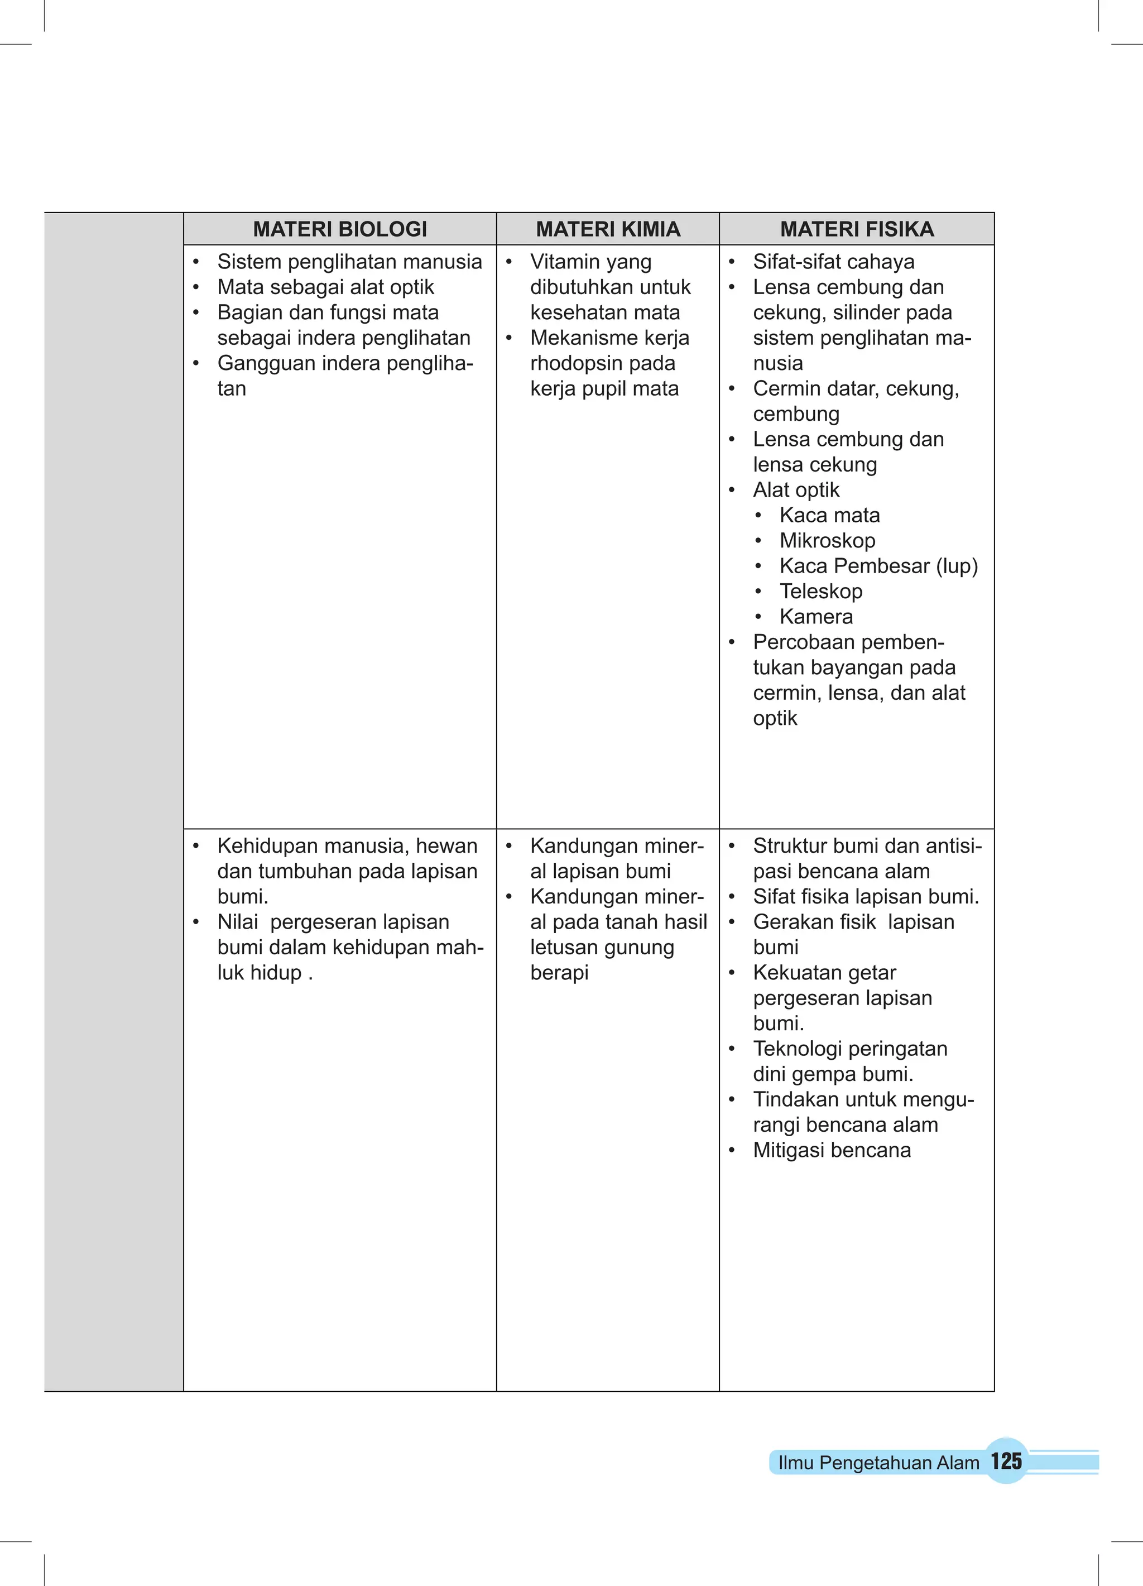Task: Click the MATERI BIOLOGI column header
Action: click(340, 229)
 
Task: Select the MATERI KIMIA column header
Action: click(608, 229)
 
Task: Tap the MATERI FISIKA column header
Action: click(857, 229)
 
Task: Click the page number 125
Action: click(1006, 1461)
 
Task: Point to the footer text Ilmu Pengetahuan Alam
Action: click(878, 1462)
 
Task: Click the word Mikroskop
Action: click(828, 541)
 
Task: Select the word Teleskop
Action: click(821, 591)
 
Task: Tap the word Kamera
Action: click(817, 616)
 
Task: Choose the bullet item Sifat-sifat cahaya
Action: click(834, 262)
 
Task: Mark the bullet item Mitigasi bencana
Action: click(832, 1150)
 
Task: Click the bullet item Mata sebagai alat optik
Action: click(325, 287)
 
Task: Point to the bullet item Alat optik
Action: click(796, 489)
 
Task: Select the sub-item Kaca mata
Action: click(829, 516)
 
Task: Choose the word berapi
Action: click(559, 973)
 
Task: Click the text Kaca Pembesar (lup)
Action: click(878, 566)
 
